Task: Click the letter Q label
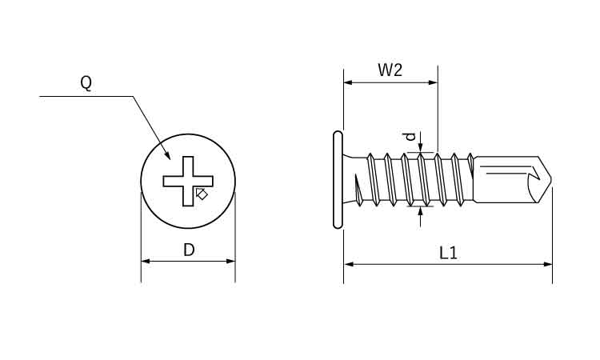click(x=86, y=83)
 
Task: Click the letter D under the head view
click(x=189, y=250)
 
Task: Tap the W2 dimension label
click(x=390, y=70)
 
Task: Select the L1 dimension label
click(x=449, y=253)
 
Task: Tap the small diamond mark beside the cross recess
click(x=202, y=194)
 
